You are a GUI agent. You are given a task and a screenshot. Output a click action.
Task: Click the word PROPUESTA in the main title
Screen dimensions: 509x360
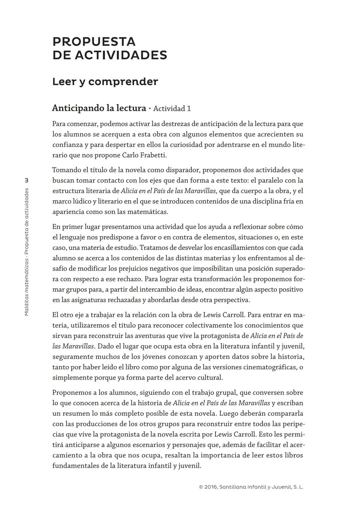pos(94,42)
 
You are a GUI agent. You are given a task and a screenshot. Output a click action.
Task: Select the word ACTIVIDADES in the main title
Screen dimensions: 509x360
pos(121,55)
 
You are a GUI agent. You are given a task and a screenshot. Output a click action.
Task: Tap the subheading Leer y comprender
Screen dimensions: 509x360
pos(105,82)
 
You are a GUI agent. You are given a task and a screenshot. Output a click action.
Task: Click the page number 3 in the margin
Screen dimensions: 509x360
pos(27,180)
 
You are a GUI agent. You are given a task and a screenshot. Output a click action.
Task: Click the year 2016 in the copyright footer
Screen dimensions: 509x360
pos(211,487)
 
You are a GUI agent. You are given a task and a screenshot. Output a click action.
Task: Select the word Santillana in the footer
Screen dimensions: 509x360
pos(233,487)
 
